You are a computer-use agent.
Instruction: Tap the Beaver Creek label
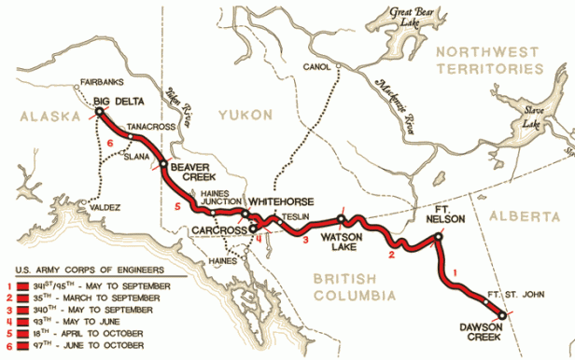[x=192, y=173]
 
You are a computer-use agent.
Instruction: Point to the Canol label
[x=317, y=66]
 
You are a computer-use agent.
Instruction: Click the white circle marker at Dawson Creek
[x=503, y=316]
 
